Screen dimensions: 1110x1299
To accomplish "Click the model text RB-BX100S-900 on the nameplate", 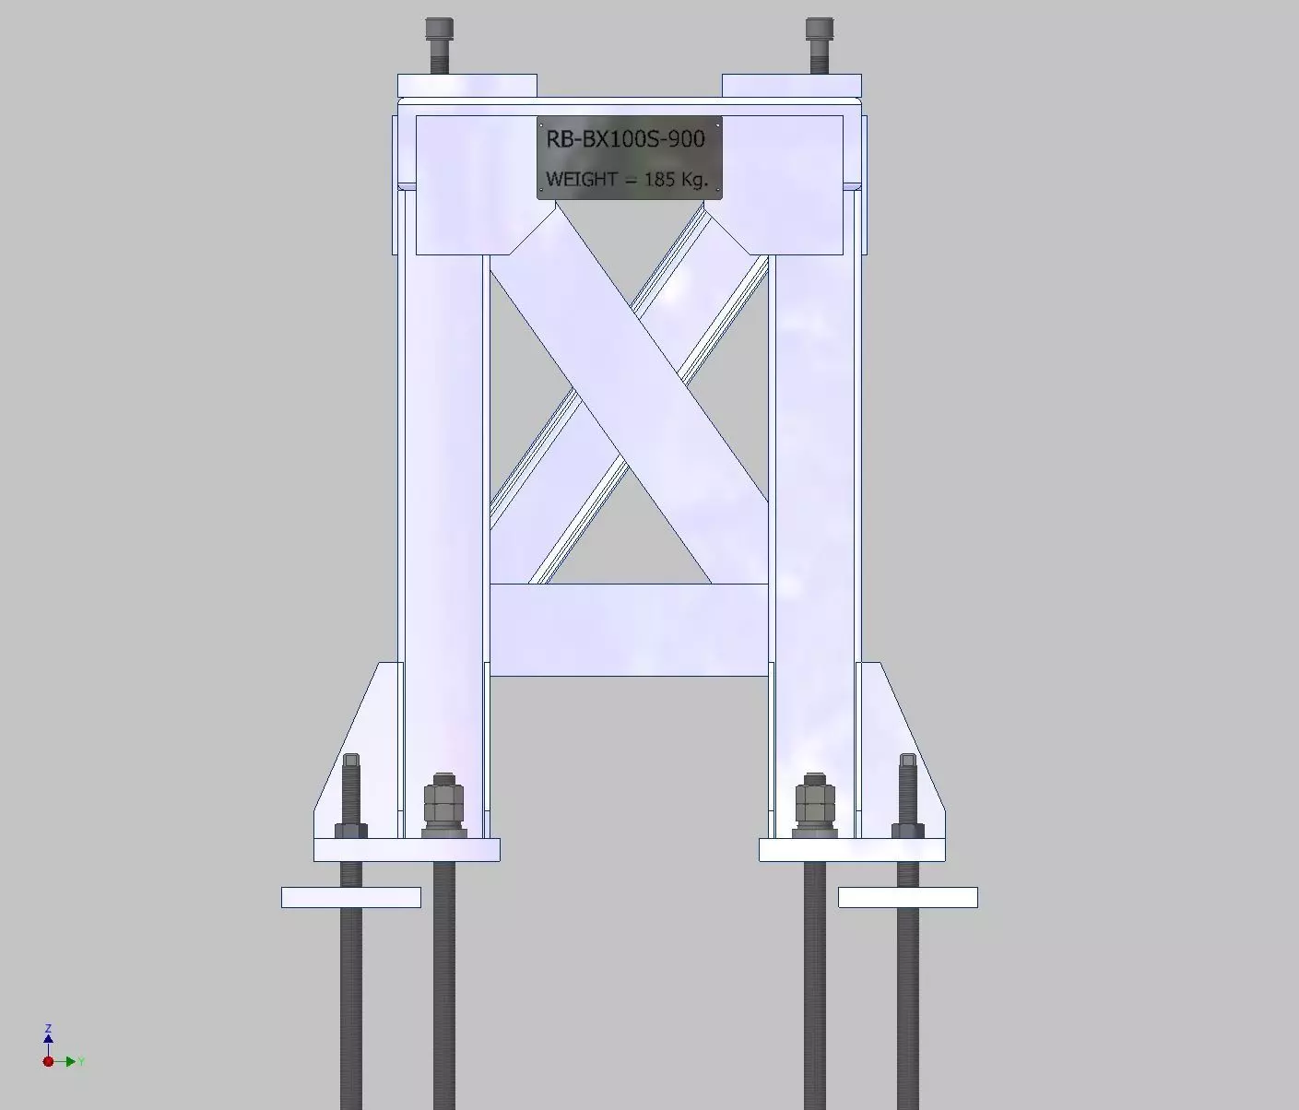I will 625,139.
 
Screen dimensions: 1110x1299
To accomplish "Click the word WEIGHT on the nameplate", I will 581,179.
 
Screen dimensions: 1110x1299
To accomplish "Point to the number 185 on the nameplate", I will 660,179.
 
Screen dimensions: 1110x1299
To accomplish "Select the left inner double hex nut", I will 443,805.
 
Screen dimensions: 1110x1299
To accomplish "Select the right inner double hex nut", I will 815,805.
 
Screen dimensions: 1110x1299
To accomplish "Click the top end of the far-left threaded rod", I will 351,762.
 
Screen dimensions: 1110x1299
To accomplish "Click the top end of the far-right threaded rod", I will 908,762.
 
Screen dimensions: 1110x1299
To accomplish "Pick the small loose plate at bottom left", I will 350,897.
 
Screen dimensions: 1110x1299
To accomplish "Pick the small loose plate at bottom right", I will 907,897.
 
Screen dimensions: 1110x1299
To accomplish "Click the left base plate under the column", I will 407,850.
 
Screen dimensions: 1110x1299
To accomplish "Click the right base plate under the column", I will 852,850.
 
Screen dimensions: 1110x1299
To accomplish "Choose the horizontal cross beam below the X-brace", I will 629,630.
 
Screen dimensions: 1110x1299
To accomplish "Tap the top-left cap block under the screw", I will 466,86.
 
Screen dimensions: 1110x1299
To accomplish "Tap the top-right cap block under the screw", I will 791,86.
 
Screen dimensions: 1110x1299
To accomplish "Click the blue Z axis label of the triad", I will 48,1029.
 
